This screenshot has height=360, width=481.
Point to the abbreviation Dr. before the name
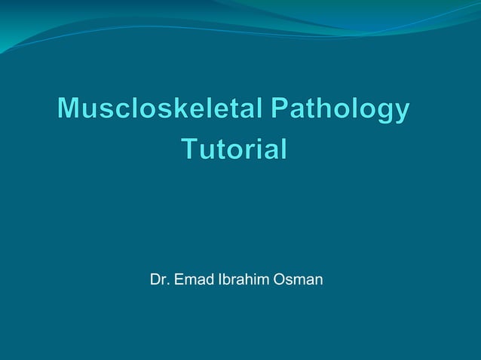[160, 280]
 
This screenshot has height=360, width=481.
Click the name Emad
[193, 280]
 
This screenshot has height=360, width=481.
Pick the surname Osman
[299, 280]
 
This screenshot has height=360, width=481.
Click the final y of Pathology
[402, 113]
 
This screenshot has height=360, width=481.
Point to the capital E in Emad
[179, 280]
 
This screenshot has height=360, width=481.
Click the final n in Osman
[319, 282]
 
